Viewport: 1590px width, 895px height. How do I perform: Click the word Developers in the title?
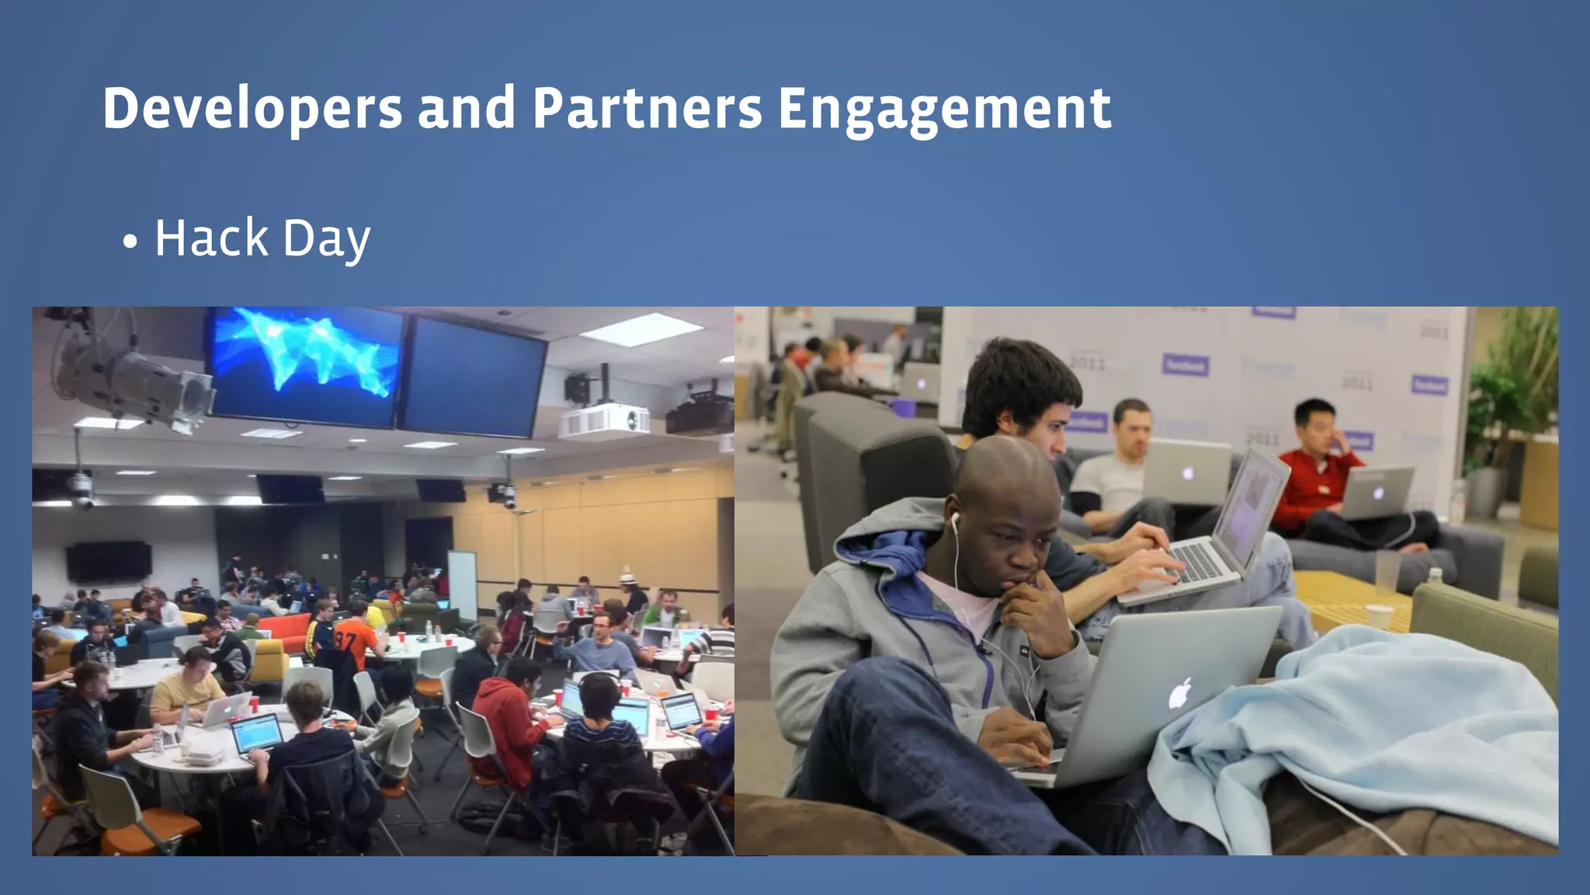point(252,109)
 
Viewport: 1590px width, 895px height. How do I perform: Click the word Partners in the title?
point(647,109)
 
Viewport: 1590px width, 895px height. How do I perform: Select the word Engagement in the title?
point(944,109)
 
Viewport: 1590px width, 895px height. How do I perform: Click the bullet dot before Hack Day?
point(130,242)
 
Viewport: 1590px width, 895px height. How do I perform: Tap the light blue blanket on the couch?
point(1366,723)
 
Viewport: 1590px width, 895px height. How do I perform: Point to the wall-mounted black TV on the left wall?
point(108,561)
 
